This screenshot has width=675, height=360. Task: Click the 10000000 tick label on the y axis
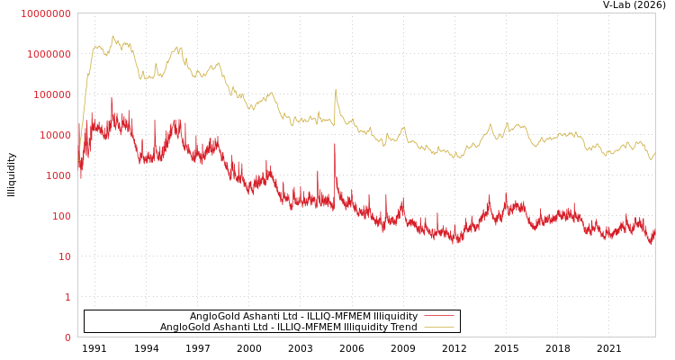click(x=46, y=13)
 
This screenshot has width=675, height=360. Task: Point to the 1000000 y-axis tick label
click(x=49, y=54)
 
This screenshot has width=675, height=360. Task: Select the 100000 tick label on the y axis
click(x=51, y=94)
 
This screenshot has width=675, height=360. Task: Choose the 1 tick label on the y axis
click(x=67, y=297)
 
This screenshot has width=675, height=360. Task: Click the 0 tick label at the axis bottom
click(x=67, y=337)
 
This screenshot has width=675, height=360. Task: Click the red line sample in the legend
click(x=438, y=316)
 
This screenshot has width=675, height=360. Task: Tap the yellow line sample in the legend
click(x=438, y=327)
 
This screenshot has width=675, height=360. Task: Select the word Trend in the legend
click(x=402, y=327)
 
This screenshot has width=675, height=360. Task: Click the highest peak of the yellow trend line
click(x=112, y=36)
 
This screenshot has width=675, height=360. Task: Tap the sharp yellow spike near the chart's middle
click(x=336, y=89)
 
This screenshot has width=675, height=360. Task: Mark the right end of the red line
click(x=654, y=231)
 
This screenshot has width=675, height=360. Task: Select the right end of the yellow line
click(x=654, y=153)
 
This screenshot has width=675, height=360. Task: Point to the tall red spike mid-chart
click(x=335, y=144)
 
